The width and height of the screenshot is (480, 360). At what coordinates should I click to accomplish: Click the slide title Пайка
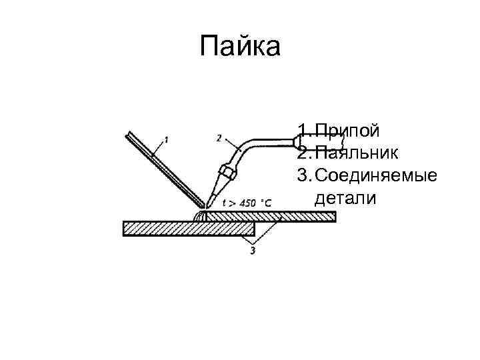pos(241,47)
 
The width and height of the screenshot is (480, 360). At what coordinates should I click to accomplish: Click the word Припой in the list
pos(347,129)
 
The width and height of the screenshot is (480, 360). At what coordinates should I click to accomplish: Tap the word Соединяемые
pos(376,175)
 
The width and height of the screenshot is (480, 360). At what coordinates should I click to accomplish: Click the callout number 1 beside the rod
pos(166,140)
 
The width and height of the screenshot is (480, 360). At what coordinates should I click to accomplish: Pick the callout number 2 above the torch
pos(219,138)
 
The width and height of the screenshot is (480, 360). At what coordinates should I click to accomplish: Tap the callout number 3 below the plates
pos(253,251)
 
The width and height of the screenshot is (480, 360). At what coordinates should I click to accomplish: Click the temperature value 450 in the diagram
pos(247,203)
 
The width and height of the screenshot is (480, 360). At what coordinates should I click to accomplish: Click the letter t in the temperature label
pos(224,203)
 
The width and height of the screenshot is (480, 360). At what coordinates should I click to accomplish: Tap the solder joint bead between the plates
pos(202,215)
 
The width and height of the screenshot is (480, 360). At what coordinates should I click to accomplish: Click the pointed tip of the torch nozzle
pos(209,201)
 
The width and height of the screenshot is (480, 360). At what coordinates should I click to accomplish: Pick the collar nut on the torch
pos(228,172)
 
